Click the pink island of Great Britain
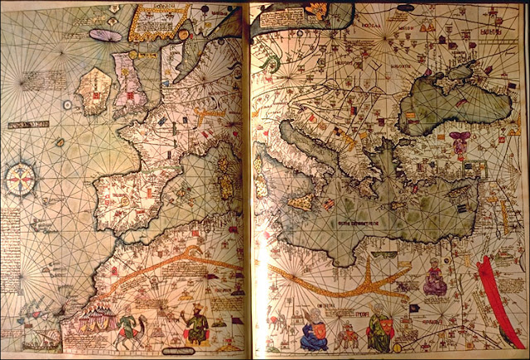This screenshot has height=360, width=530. [132, 83]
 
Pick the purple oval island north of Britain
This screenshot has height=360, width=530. [105, 36]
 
